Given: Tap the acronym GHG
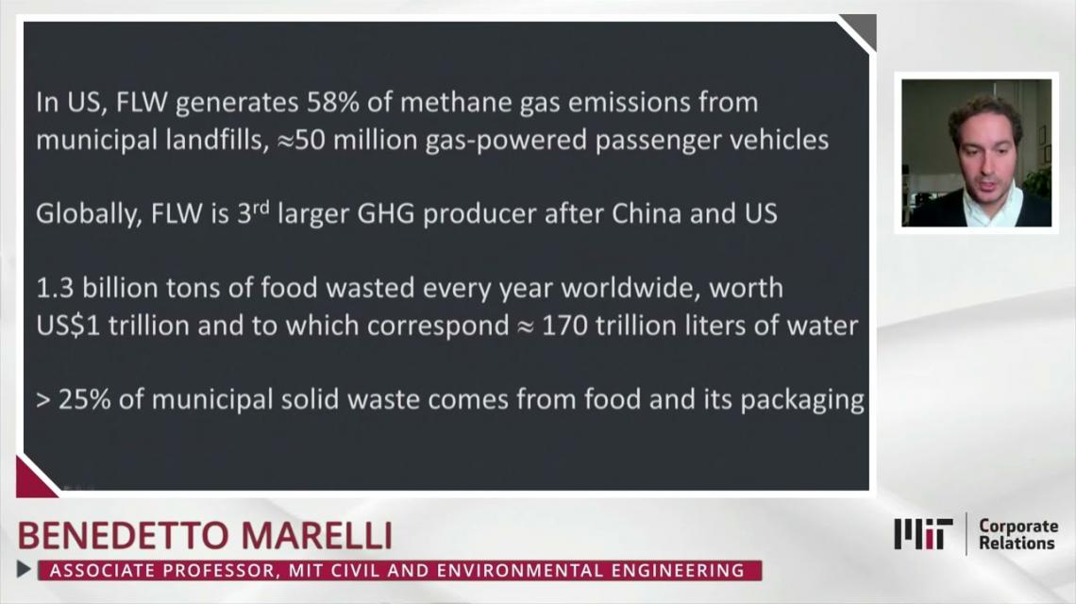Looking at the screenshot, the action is click(x=386, y=213).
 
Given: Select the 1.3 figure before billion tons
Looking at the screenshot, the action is click(x=54, y=288).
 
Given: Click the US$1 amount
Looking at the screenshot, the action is click(x=68, y=326).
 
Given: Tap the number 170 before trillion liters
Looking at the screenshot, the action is click(x=564, y=326).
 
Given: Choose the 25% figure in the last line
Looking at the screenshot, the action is click(x=84, y=399).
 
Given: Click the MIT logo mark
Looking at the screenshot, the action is click(x=923, y=534).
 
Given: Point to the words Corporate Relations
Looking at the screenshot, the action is click(x=1017, y=535).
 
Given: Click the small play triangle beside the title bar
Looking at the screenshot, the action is click(x=24, y=569).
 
